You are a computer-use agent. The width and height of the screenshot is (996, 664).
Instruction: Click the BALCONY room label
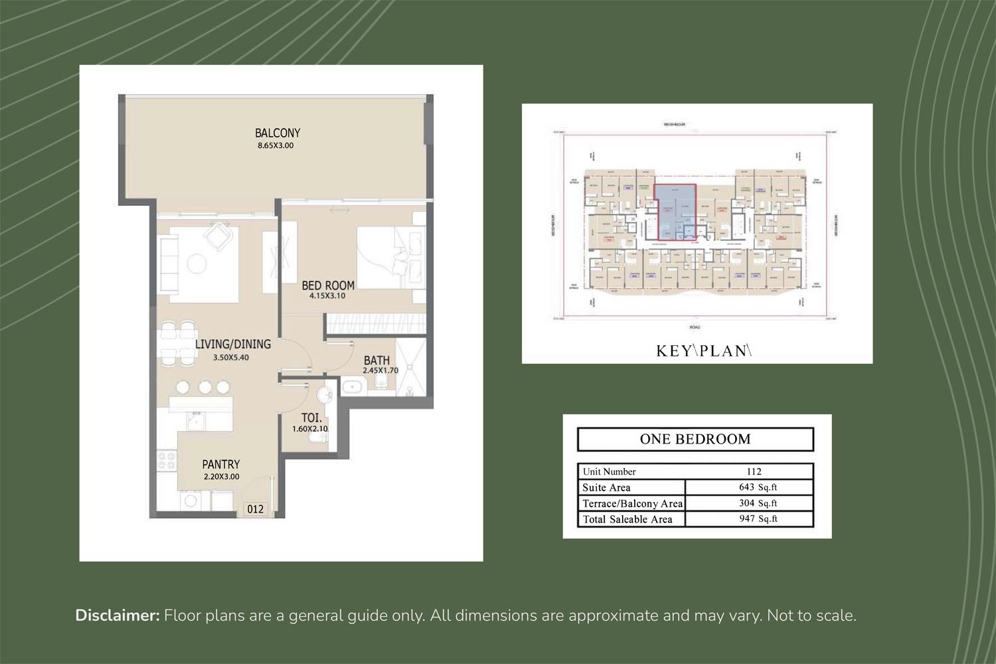click(x=278, y=133)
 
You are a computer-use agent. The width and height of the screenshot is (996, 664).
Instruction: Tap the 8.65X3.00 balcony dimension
click(x=275, y=145)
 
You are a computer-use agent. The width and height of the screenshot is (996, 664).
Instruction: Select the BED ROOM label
click(x=328, y=286)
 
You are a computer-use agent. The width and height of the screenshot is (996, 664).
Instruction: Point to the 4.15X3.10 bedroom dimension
click(x=327, y=296)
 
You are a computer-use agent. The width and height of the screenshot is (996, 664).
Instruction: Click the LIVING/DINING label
click(x=232, y=344)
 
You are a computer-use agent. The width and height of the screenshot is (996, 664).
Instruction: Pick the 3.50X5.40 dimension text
click(x=230, y=357)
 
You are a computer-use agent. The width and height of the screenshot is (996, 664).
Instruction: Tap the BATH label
click(x=376, y=361)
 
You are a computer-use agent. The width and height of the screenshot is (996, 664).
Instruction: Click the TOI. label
click(x=311, y=418)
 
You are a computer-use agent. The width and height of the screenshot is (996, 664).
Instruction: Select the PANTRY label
click(x=221, y=465)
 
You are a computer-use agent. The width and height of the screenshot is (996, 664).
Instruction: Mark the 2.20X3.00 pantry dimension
click(x=221, y=477)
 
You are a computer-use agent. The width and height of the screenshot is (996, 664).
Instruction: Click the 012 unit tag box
click(x=255, y=509)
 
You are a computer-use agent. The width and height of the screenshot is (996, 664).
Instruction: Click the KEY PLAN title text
click(x=703, y=351)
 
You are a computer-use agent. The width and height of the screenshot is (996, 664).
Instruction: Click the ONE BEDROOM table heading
click(x=695, y=439)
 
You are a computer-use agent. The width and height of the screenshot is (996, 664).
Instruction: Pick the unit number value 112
click(x=754, y=471)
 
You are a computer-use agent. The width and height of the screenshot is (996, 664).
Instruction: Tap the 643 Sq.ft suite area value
click(x=758, y=487)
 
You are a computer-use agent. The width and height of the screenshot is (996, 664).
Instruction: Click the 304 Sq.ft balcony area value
click(x=758, y=503)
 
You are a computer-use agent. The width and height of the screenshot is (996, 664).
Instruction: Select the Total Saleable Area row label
click(x=627, y=519)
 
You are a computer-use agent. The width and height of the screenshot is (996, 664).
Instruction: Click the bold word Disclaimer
click(x=118, y=616)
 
